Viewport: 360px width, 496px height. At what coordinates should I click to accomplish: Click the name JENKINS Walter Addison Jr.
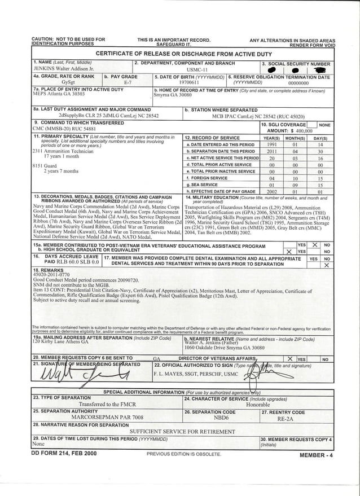63,68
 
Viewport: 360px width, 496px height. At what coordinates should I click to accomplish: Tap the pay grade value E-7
128,82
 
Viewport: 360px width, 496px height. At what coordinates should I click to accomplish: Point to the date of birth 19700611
189,82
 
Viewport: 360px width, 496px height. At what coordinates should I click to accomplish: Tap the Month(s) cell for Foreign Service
295,178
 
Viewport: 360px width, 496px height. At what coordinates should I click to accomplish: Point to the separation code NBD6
221,419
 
